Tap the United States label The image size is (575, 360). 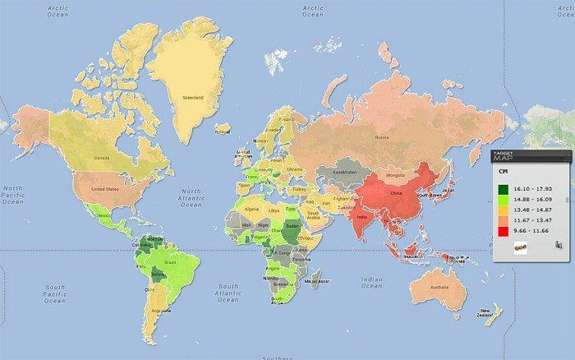pos(104,188)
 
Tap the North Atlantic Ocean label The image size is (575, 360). pos(196,196)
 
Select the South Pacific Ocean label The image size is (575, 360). pos(54,294)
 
